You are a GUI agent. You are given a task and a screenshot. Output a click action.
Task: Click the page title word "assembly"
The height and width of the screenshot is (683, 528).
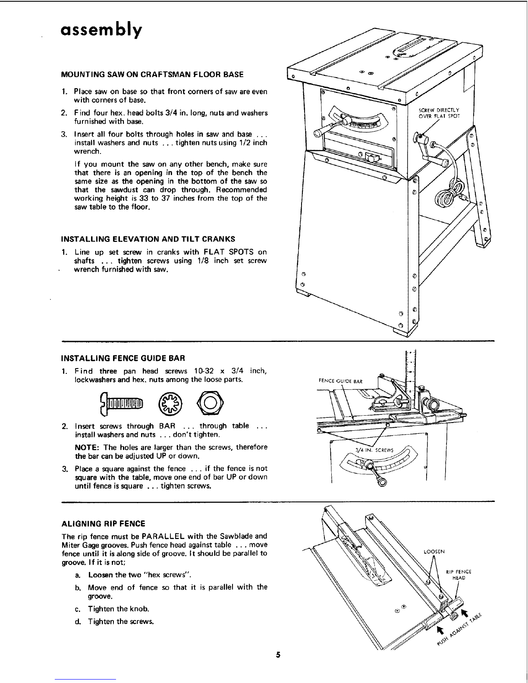(101, 31)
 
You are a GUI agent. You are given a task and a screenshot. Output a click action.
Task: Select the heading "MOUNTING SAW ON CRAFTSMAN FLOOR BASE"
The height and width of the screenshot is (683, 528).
(152, 74)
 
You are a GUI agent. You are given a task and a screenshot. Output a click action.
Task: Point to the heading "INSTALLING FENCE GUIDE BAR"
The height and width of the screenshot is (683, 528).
(123, 358)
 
